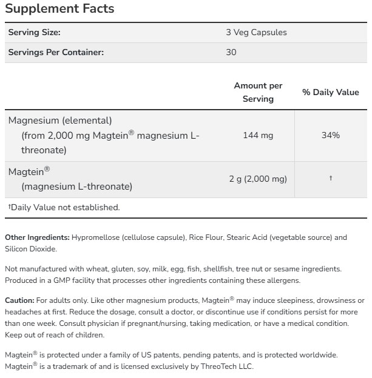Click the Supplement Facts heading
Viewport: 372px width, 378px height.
click(59, 9)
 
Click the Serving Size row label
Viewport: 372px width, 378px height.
click(34, 32)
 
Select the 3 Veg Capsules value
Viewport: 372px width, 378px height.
click(256, 32)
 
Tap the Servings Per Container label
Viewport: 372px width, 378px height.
click(56, 52)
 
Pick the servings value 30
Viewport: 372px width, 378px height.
click(231, 52)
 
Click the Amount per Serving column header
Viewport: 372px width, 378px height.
click(258, 92)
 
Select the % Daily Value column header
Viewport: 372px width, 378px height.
click(331, 92)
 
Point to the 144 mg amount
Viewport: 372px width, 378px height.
click(258, 135)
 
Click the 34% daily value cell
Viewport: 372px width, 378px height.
click(331, 135)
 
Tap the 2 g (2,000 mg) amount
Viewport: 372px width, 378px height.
click(258, 179)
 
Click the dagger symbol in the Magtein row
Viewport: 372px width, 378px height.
click(331, 179)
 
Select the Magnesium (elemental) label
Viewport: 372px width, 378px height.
click(60, 121)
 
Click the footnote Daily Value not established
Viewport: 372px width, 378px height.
click(64, 207)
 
